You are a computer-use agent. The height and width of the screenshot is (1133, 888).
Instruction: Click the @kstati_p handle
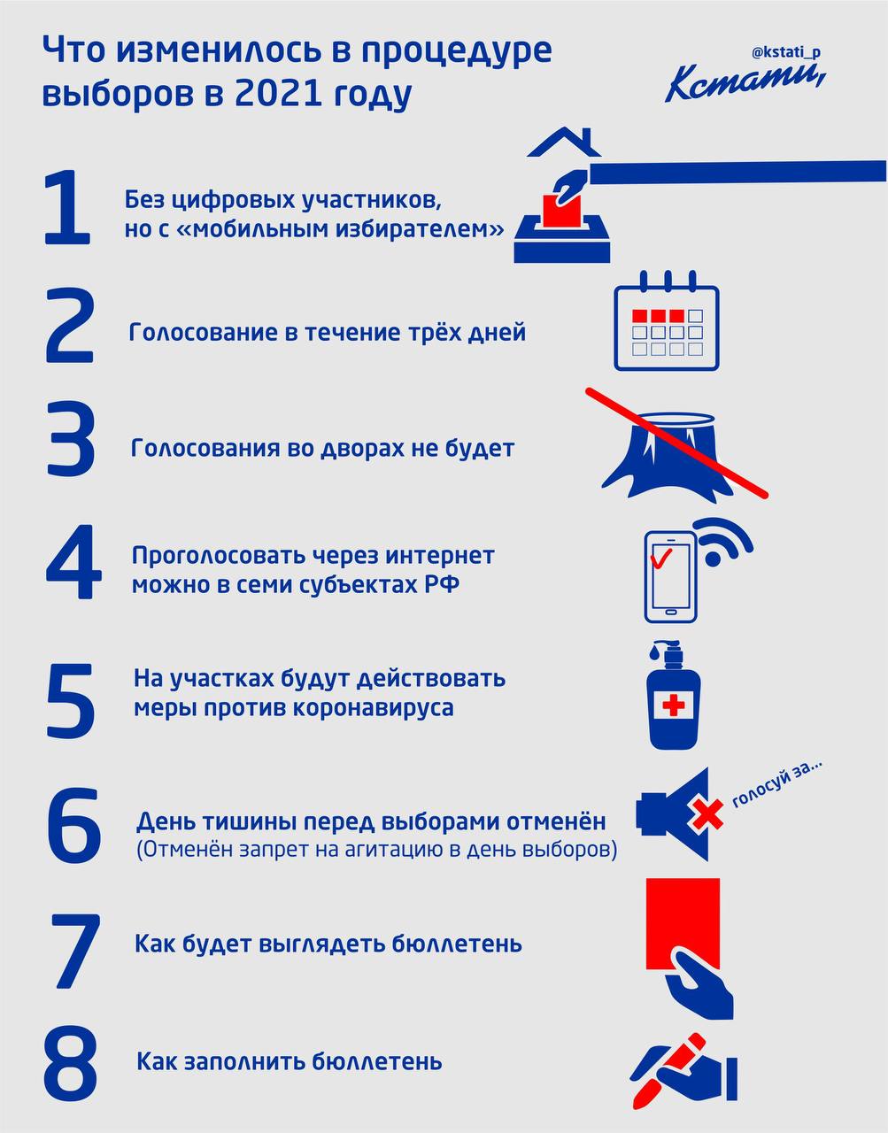[786, 52]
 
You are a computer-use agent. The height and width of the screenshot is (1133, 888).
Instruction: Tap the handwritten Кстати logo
[745, 83]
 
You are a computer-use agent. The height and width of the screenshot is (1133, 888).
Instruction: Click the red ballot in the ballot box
[561, 210]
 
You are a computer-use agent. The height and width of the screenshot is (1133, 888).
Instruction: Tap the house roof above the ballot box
[564, 142]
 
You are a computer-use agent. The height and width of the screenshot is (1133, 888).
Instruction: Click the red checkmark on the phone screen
[660, 559]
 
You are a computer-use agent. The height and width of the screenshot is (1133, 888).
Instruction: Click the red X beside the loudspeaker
[707, 814]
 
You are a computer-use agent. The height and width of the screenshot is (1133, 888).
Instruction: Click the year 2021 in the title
[279, 93]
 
